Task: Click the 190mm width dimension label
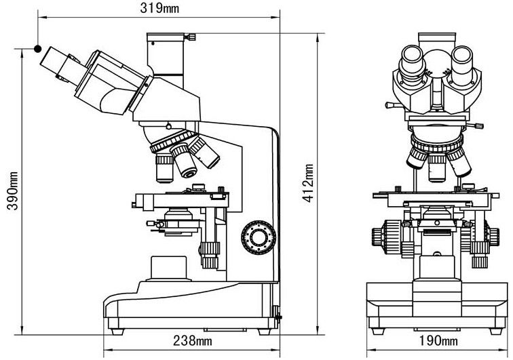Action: [x=438, y=340]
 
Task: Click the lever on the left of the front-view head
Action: [x=393, y=105]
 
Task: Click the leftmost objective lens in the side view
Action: [x=165, y=167]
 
